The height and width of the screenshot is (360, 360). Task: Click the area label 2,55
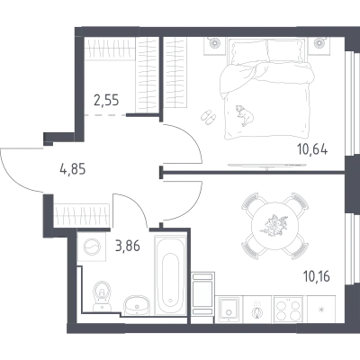(106, 100)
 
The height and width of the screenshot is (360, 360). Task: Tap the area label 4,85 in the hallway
(73, 169)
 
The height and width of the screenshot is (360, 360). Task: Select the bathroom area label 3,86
(127, 247)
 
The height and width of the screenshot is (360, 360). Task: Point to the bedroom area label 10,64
(312, 148)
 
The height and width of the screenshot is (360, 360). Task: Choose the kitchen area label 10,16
(317, 276)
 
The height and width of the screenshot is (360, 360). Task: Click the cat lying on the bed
(245, 115)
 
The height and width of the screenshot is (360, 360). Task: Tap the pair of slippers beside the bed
(208, 117)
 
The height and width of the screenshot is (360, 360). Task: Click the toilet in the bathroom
(102, 296)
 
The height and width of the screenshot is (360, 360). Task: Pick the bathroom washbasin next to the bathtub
(137, 305)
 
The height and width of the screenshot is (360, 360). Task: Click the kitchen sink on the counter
(229, 310)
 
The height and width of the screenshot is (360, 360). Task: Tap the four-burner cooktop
(287, 310)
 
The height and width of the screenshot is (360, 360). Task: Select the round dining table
(275, 226)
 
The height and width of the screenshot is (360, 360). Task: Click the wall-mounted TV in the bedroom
(267, 165)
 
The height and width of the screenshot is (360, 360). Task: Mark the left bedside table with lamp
(214, 46)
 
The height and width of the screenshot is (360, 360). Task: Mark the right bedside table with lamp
(319, 46)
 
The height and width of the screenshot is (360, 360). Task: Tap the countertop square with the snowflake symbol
(321, 310)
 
